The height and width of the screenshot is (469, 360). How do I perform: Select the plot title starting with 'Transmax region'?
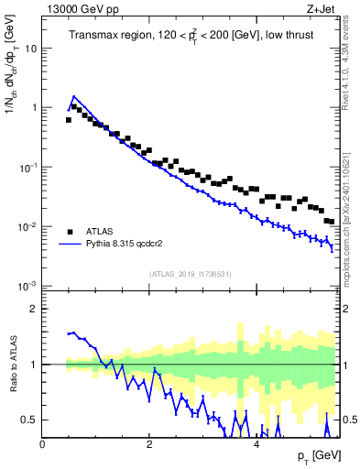pos(191,36)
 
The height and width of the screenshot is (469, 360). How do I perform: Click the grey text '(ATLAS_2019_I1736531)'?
pos(191,274)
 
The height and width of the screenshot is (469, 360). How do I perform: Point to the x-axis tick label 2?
pos(149,442)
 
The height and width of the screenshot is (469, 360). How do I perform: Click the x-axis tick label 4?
pos(256,442)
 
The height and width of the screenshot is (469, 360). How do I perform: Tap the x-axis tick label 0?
pos(43,442)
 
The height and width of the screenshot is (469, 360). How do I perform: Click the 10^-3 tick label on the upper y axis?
pos(28,286)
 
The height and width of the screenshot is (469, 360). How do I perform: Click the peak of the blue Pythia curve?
pos(74,96)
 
